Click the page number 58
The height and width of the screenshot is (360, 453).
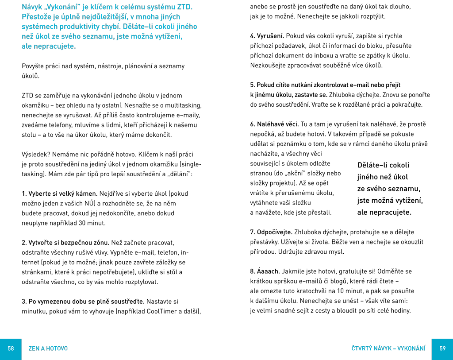11,348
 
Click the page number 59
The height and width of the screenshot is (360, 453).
442,348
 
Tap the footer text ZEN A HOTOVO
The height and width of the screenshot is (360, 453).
48,348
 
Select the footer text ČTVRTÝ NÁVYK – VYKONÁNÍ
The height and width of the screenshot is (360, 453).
388,348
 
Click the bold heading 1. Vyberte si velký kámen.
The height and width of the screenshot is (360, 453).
60,194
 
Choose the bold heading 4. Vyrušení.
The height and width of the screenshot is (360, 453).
267,36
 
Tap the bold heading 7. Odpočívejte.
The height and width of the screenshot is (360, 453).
271,232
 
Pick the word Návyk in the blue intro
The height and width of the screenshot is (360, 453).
32,7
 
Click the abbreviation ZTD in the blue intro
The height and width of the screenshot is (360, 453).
184,7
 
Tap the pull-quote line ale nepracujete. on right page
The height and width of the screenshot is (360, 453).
384,213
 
